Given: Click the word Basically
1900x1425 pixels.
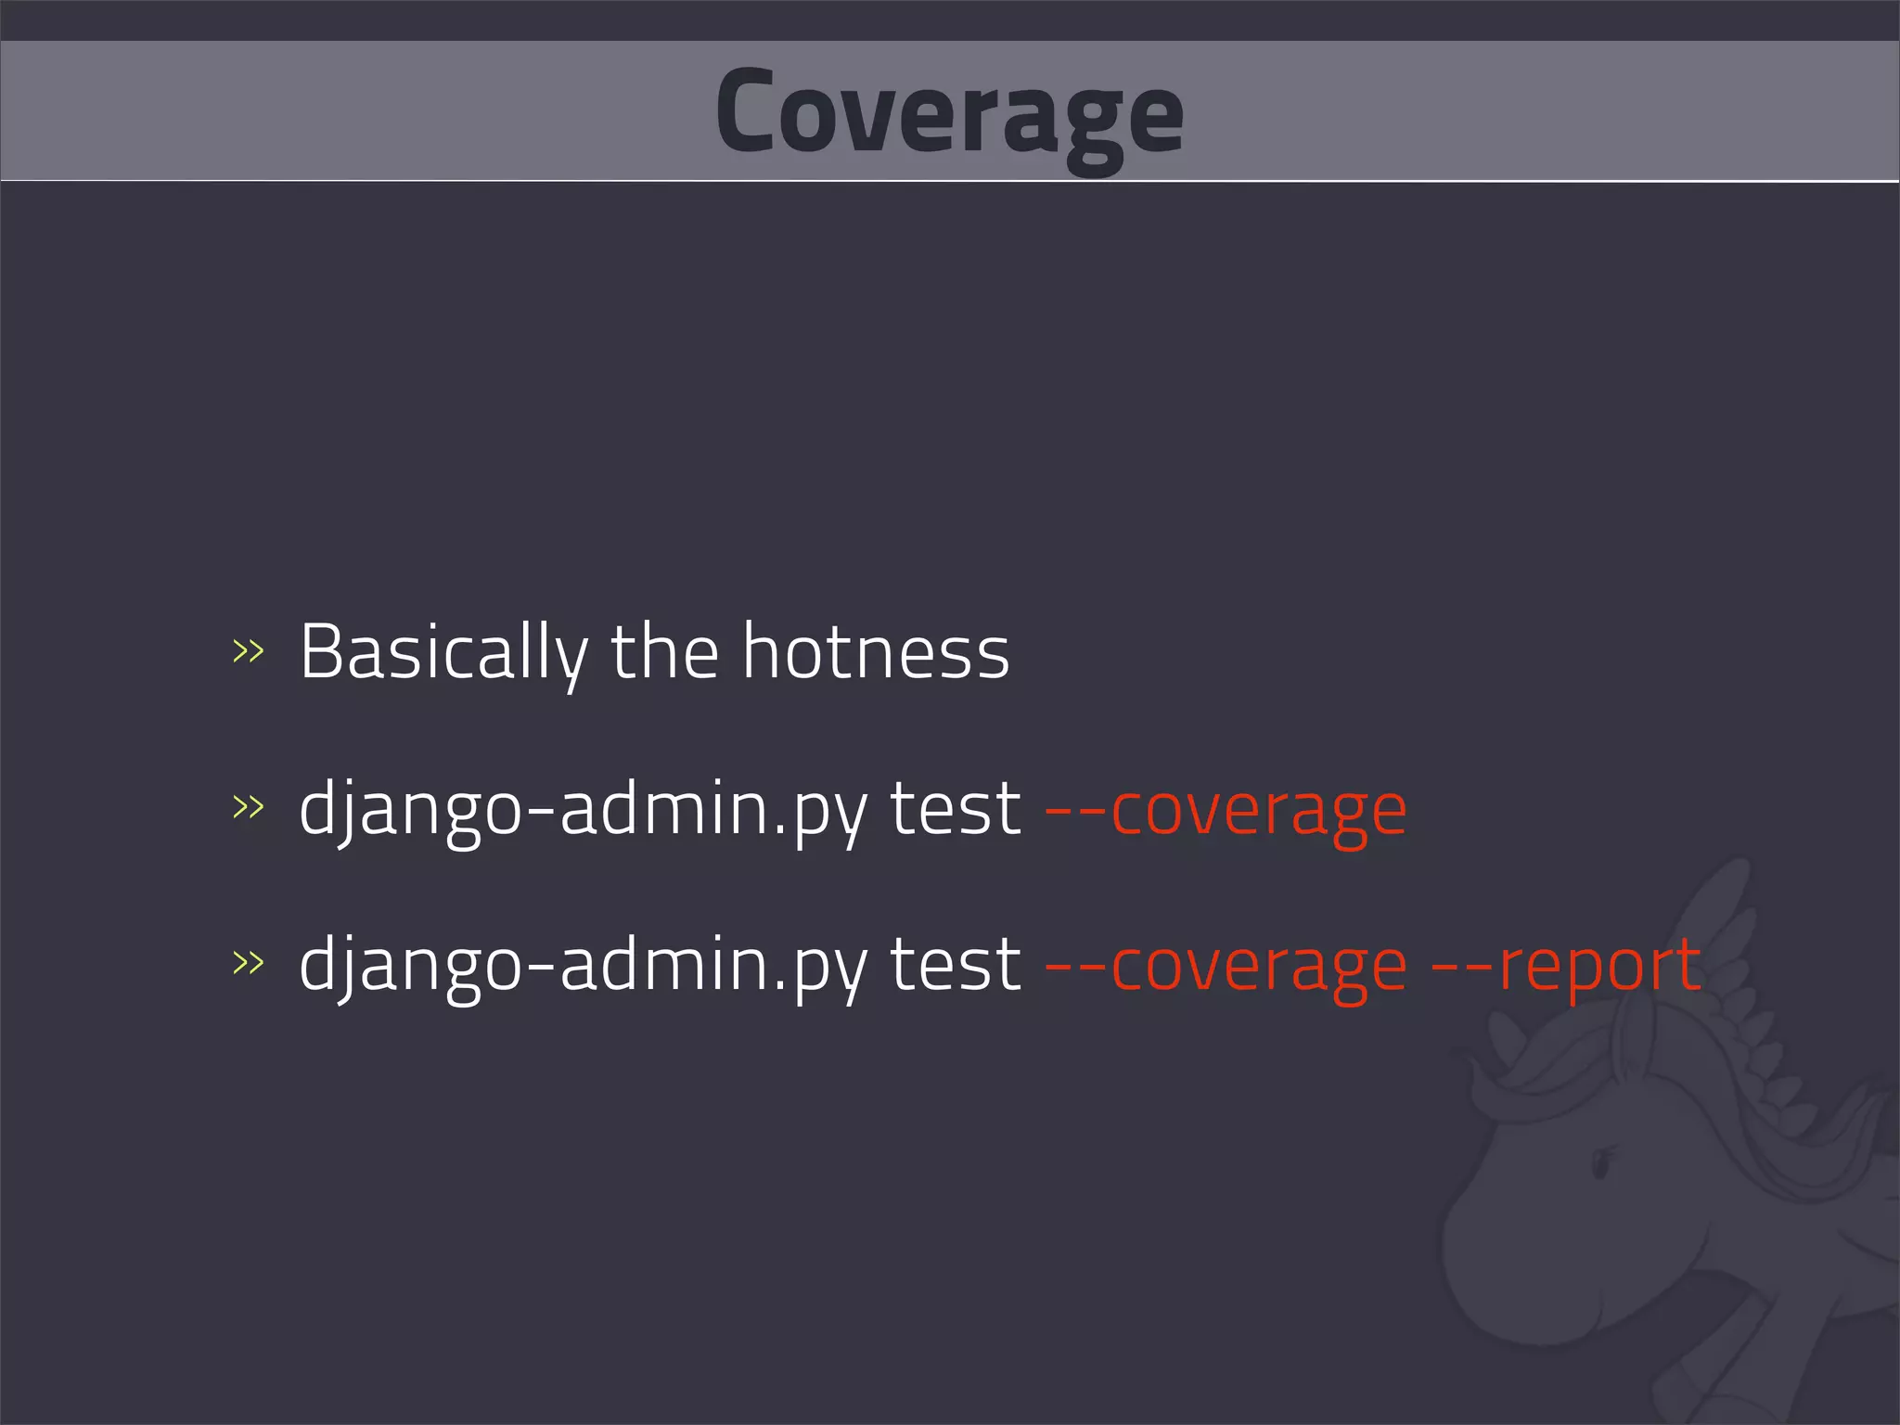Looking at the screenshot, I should tap(443, 652).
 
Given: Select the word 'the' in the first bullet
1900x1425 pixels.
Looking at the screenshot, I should tap(664, 652).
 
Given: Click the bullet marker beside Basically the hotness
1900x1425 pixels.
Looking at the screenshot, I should tap(248, 652).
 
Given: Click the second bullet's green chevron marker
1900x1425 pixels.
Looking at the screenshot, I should tap(248, 807).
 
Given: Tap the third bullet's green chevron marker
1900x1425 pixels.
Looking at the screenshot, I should tap(248, 963).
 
